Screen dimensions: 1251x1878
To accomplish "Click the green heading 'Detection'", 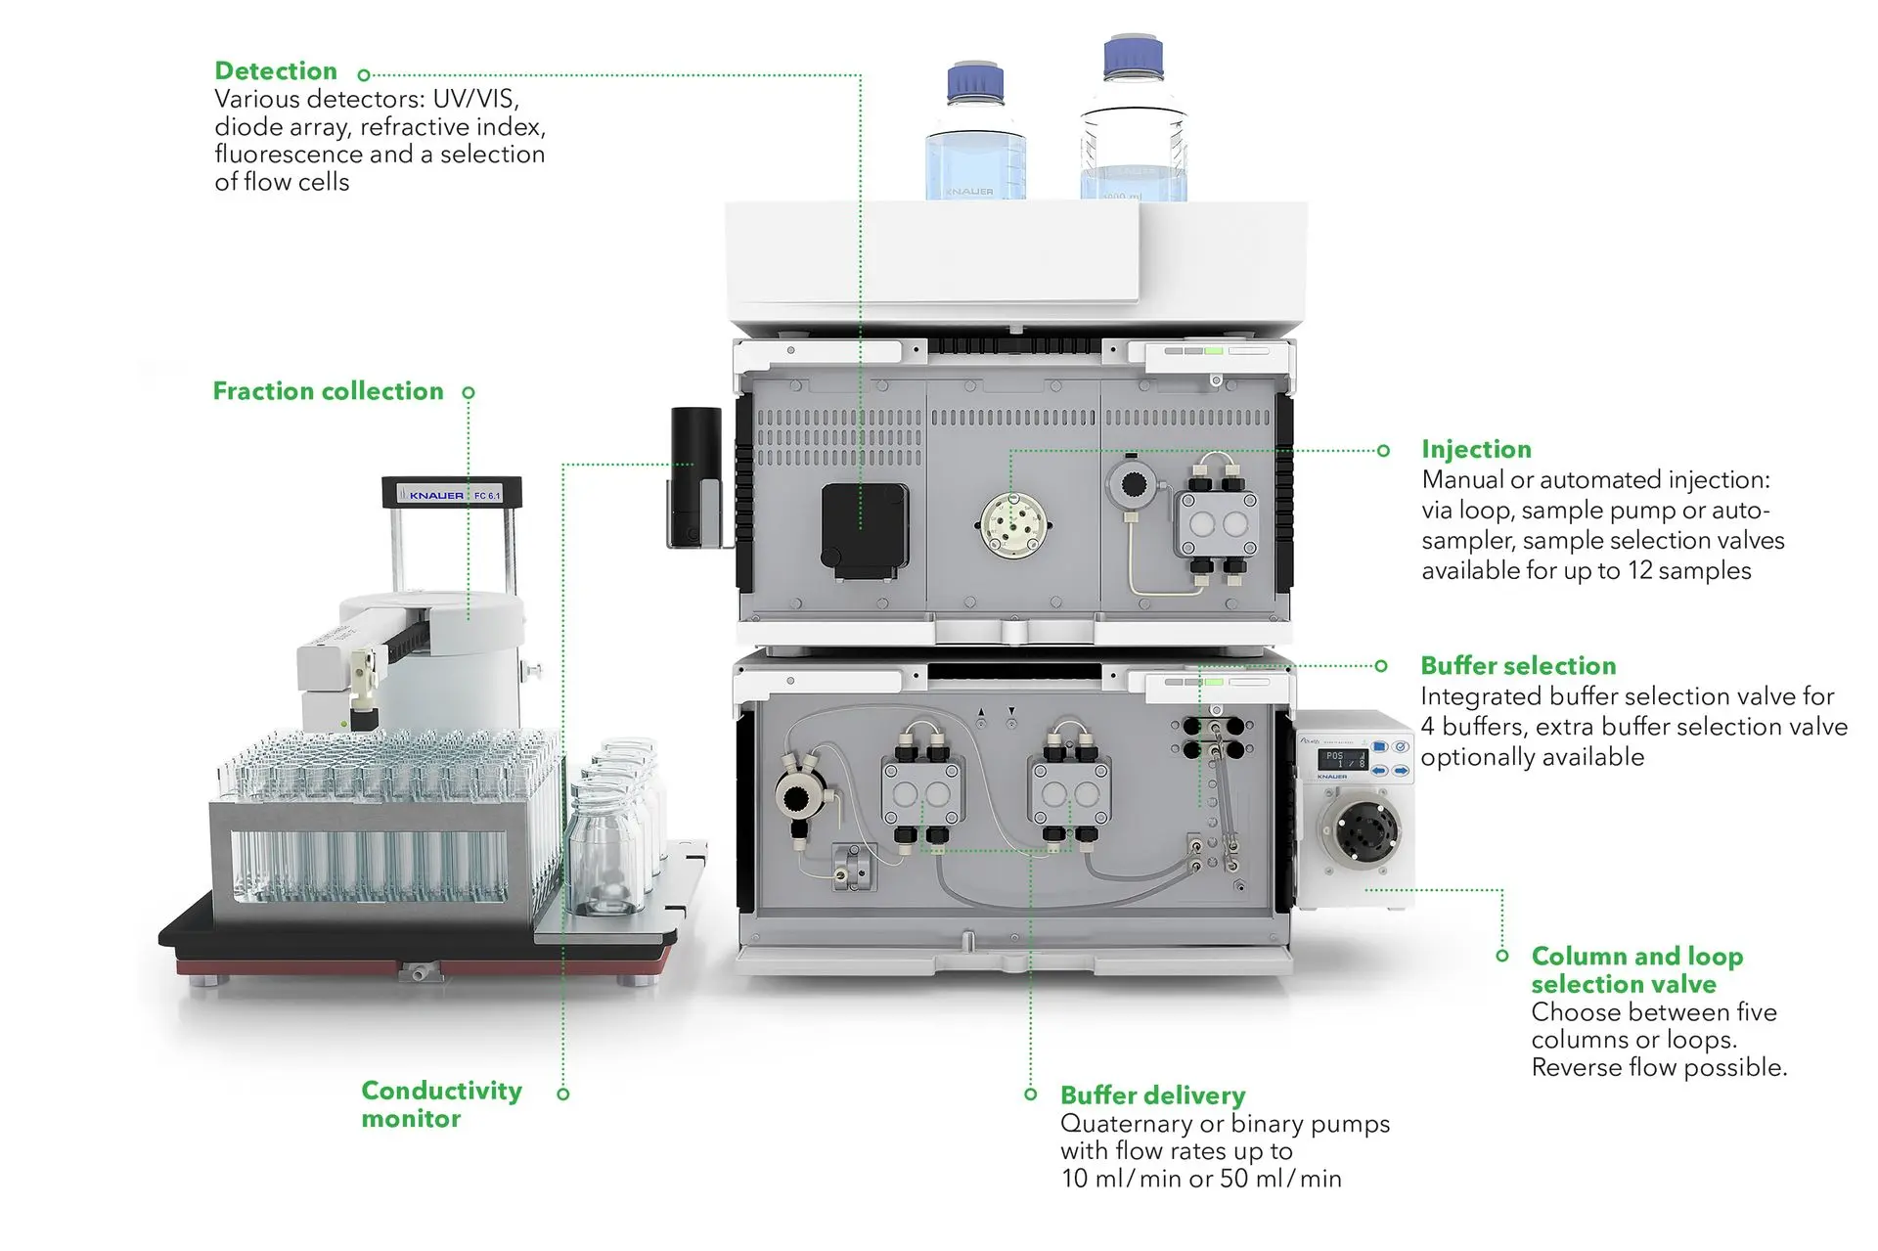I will point(276,71).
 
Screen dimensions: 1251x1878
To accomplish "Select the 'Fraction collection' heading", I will point(328,391).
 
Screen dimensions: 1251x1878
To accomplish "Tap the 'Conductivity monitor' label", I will point(441,1104).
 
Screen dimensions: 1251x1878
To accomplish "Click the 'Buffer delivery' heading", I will point(1152,1095).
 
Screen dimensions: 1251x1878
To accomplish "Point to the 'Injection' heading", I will point(1476,450).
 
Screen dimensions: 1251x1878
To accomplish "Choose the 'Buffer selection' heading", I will point(1518,666).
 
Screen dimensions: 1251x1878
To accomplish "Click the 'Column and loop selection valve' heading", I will point(1636,969).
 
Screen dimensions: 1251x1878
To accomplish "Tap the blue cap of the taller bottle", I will point(1133,57).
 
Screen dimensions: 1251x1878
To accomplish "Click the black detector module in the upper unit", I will point(864,528).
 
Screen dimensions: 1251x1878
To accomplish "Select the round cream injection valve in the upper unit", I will point(1013,525).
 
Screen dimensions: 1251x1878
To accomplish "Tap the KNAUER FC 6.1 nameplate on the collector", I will point(452,495).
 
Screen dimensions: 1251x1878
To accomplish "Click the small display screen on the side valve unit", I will point(1342,759).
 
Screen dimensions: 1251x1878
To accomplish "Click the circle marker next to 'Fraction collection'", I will point(469,392).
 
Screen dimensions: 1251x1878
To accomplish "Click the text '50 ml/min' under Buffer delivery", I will point(1280,1179).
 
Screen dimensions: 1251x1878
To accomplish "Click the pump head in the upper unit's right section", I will point(1218,524).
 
